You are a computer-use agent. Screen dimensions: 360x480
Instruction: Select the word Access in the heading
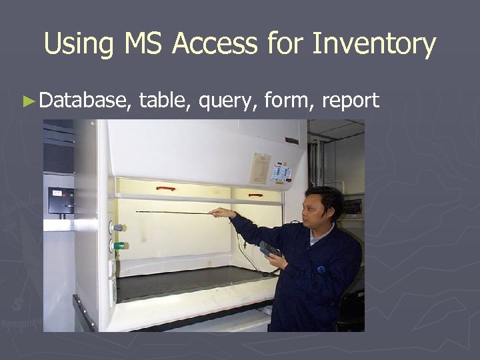pyautogui.click(x=215, y=45)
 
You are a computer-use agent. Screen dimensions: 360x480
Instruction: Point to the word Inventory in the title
pyautogui.click(x=374, y=45)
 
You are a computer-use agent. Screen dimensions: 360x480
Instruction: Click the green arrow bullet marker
pyautogui.click(x=27, y=101)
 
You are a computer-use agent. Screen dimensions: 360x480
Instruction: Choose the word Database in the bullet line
pyautogui.click(x=83, y=101)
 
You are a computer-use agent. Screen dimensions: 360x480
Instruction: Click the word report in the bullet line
pyautogui.click(x=351, y=101)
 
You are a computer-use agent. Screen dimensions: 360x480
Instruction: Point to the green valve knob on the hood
pyautogui.click(x=118, y=245)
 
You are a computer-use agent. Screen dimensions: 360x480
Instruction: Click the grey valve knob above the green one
pyautogui.click(x=117, y=227)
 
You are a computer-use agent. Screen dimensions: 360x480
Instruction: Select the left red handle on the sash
pyautogui.click(x=165, y=189)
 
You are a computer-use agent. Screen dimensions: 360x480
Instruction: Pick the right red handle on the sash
pyautogui.click(x=255, y=195)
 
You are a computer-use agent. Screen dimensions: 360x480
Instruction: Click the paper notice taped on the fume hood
pyautogui.click(x=260, y=169)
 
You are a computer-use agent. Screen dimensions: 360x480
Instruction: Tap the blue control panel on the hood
pyautogui.click(x=281, y=173)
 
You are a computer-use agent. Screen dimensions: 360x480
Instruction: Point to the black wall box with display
pyautogui.click(x=61, y=200)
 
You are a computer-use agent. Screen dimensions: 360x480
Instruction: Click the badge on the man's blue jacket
pyautogui.click(x=321, y=269)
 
